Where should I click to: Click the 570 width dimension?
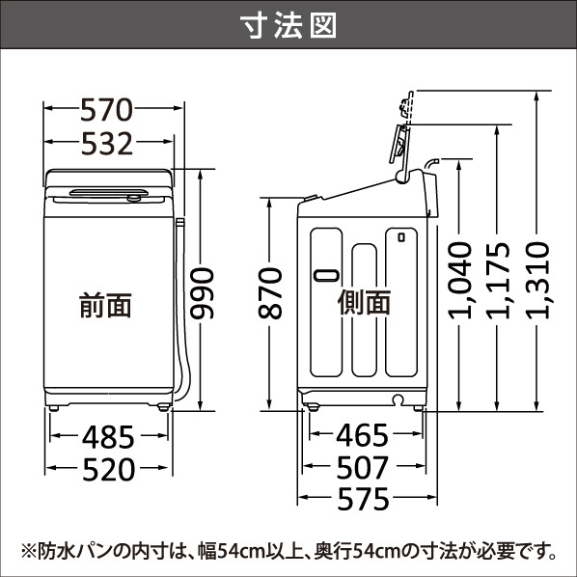pos(106,110)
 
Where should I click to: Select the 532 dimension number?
pos(107,144)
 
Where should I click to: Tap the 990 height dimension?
pos(202,293)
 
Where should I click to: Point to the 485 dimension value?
pos(108,437)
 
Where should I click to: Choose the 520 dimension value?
pos(109,469)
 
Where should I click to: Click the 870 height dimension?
pos(270,293)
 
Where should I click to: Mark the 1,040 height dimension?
pos(459,280)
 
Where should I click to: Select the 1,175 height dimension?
pos(498,281)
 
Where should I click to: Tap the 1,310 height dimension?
pos(537,280)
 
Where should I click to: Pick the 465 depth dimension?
pos(362,435)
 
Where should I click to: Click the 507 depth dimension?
pos(363,467)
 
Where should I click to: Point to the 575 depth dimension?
pos(363,499)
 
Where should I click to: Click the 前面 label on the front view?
pos(105,305)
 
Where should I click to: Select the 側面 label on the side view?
pos(364,302)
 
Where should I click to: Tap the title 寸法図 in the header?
pos(288,25)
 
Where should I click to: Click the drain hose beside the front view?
pos(182,313)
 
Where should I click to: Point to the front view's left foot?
pos(54,408)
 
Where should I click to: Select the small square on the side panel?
pos(401,237)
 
